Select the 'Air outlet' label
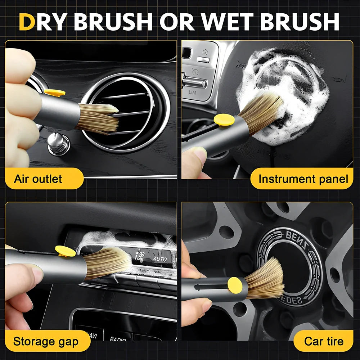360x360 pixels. tap(38, 179)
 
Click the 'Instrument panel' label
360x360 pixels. tap(303, 179)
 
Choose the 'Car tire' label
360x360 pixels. tap(324, 341)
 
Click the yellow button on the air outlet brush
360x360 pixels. tap(55, 93)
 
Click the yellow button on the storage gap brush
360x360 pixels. tap(65, 251)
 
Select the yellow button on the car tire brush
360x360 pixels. tap(235, 284)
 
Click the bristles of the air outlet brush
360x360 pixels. tap(99, 117)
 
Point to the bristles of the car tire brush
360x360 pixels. tap(266, 279)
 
